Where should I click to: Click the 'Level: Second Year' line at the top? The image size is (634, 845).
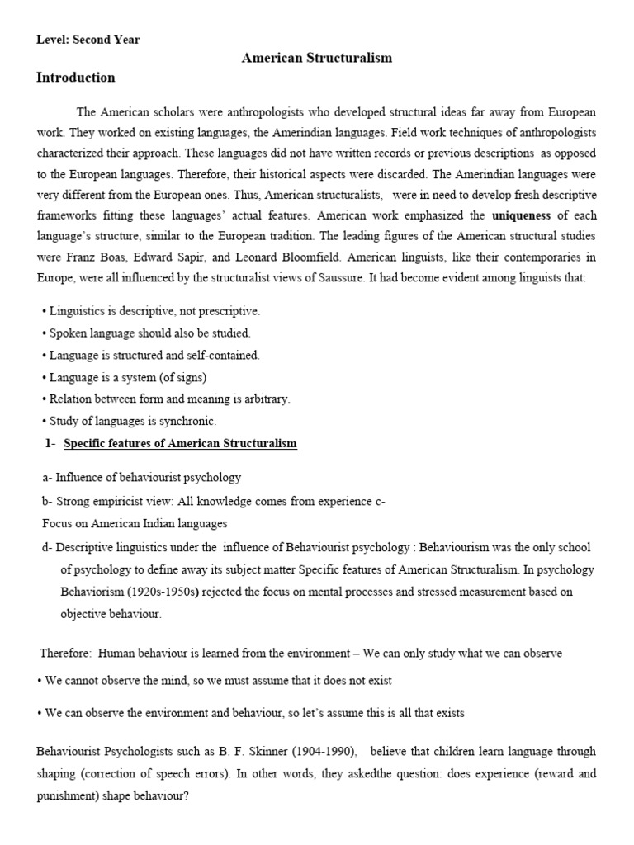88,40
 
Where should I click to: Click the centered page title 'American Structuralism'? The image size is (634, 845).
317,58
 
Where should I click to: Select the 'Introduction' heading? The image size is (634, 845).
76,78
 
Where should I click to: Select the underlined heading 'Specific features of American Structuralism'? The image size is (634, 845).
180,444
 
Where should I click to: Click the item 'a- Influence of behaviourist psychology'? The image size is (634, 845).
141,478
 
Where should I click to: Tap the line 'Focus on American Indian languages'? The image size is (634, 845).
135,524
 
